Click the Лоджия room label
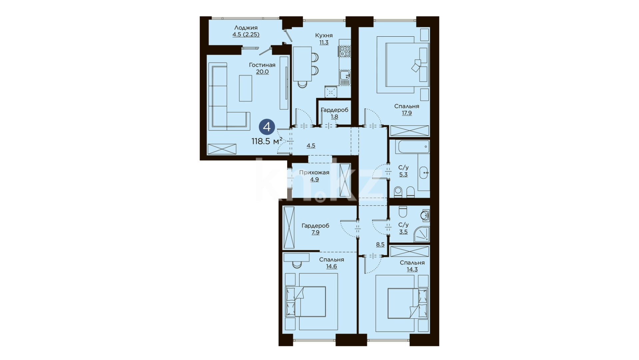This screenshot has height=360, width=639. [246, 28]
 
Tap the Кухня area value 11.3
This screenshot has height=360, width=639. [324, 42]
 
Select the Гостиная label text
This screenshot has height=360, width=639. [262, 65]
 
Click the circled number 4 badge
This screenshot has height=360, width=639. [267, 127]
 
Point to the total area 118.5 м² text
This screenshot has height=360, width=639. [267, 141]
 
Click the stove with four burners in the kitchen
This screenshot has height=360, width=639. [345, 51]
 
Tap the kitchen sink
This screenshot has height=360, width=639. [345, 77]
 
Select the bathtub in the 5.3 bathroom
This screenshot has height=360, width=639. [409, 147]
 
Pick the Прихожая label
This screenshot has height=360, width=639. [314, 172]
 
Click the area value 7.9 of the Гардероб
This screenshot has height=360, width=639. [315, 232]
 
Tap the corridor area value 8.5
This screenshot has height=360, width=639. [380, 244]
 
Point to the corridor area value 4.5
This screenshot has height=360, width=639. [311, 145]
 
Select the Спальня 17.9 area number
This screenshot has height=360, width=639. [407, 113]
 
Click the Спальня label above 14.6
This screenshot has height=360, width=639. [331, 259]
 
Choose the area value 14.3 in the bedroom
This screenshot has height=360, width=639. [412, 269]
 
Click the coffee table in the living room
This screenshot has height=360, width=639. [246, 88]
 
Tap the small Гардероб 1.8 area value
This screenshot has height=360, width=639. [334, 116]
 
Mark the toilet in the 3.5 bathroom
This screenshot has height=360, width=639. [403, 212]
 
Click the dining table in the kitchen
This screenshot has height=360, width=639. [302, 63]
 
